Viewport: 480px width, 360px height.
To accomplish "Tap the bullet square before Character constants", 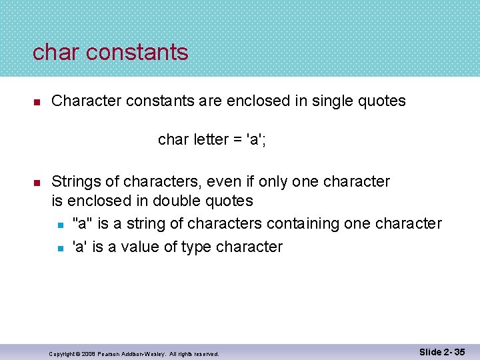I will tap(38, 102).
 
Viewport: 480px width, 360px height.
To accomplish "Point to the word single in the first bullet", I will tap(333, 101).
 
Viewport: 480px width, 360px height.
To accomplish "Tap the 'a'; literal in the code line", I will tap(257, 140).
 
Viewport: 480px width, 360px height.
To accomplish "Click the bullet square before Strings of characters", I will tap(38, 183).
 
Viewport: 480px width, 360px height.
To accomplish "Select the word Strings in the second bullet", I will tap(74, 181).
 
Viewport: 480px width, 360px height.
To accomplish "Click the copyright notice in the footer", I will tap(134, 353).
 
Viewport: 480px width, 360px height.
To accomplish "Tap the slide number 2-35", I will tap(443, 352).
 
